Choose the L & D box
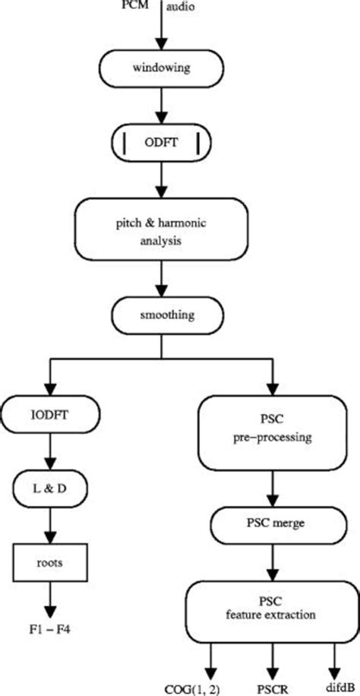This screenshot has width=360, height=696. click(50, 482)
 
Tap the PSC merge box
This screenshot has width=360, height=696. click(270, 522)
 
